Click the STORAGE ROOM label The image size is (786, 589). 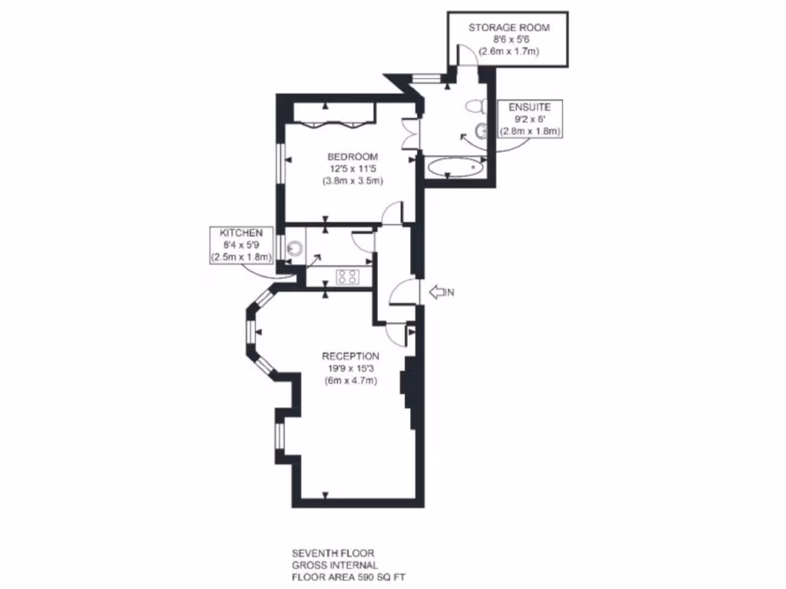pyautogui.click(x=509, y=28)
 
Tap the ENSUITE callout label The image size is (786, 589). pyautogui.click(x=530, y=107)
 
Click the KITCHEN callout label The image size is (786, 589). pyautogui.click(x=242, y=232)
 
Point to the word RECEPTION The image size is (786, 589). pyautogui.click(x=350, y=356)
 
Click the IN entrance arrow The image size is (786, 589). pyautogui.click(x=441, y=291)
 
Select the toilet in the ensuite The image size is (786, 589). pyautogui.click(x=476, y=106)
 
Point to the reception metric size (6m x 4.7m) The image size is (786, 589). pyautogui.click(x=350, y=381)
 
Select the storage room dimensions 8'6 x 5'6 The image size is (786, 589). pyautogui.click(x=509, y=40)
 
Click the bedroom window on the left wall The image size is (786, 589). pyautogui.click(x=281, y=161)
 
